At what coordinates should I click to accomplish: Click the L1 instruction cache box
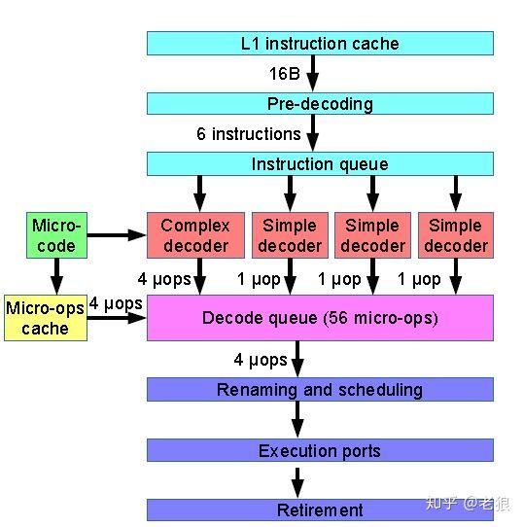(320, 44)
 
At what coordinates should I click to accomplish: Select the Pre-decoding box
(320, 103)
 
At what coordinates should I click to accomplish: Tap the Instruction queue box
(320, 163)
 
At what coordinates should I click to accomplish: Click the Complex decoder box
(195, 235)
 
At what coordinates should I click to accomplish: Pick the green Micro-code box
(56, 235)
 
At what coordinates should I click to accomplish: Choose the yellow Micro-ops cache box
(46, 318)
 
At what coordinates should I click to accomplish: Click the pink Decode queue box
(320, 318)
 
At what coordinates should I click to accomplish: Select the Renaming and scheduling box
(320, 390)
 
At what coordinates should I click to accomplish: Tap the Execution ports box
(320, 450)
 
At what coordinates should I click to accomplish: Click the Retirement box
(320, 509)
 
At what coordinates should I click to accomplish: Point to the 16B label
(285, 73)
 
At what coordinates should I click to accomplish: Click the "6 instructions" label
(249, 134)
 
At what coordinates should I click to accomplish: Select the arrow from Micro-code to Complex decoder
(117, 235)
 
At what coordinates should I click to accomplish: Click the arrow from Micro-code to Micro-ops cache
(56, 276)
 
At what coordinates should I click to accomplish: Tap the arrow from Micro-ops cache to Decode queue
(117, 318)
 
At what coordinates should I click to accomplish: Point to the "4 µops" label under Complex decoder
(164, 279)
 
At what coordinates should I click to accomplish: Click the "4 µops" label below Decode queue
(261, 360)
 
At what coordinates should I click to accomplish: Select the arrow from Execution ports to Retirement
(297, 483)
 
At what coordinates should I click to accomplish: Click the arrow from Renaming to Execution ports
(297, 420)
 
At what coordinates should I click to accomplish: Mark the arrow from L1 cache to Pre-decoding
(313, 74)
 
